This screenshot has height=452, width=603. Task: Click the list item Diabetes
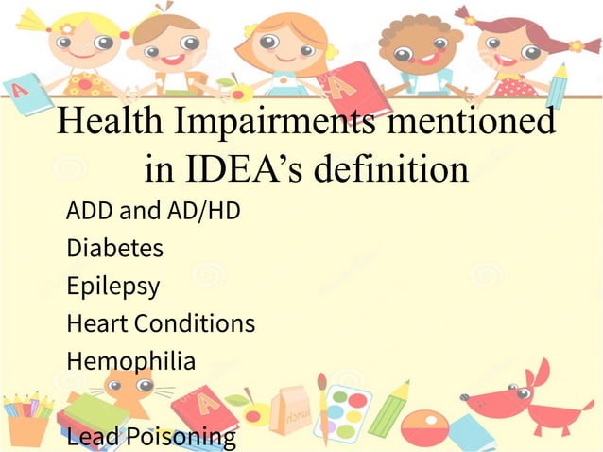[114, 249]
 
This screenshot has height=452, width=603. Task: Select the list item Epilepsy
[112, 287]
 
